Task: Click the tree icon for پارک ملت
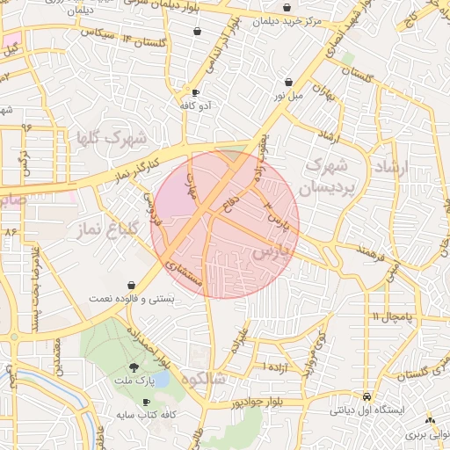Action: click(x=134, y=367)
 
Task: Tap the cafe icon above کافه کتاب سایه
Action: click(x=146, y=401)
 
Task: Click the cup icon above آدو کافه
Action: click(x=195, y=93)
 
